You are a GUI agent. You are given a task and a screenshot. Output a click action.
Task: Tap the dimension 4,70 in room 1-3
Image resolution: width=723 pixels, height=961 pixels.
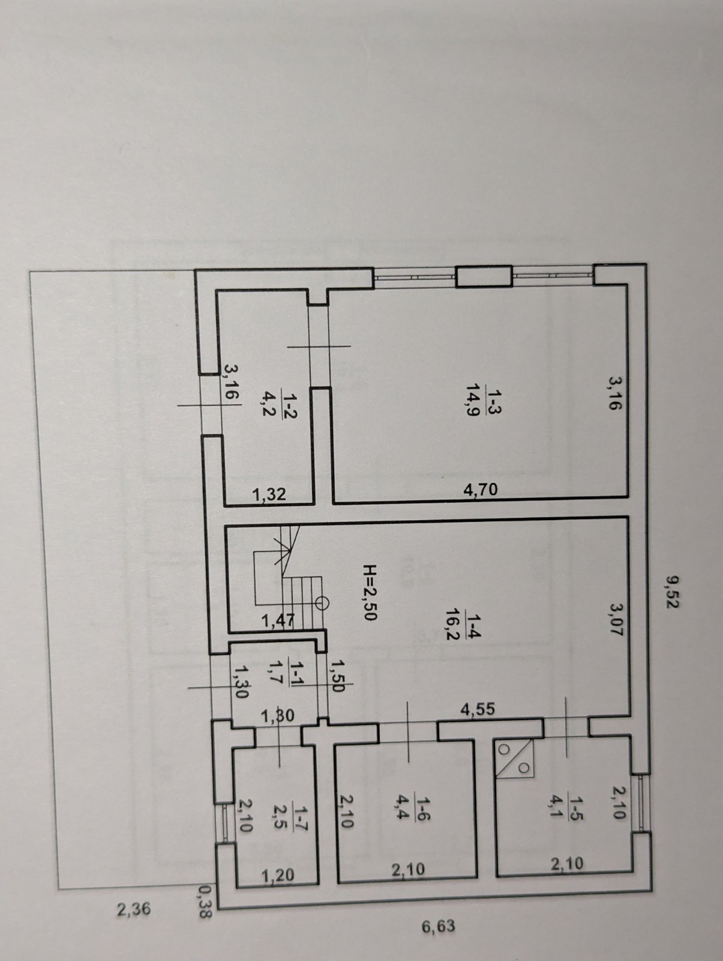coord(480,488)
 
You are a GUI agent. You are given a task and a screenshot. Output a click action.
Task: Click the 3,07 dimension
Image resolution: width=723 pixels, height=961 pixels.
coord(616,620)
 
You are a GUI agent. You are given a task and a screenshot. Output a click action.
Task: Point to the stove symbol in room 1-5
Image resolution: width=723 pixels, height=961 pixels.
coord(514,759)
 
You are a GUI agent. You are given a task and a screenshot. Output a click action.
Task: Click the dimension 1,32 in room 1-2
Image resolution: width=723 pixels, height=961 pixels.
coord(269,494)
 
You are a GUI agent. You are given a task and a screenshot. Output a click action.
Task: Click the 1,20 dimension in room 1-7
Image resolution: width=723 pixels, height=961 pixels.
coord(277,875)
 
